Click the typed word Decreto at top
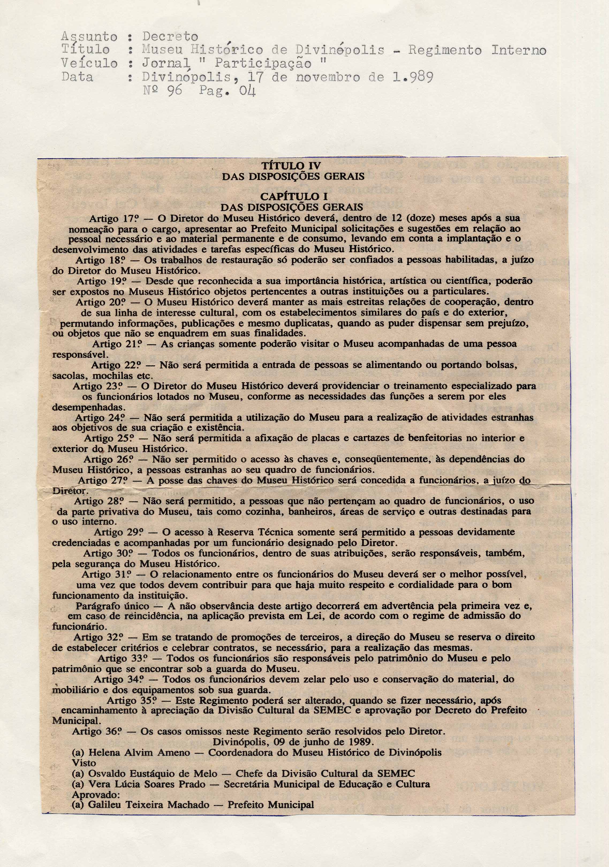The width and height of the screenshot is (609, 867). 170,37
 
